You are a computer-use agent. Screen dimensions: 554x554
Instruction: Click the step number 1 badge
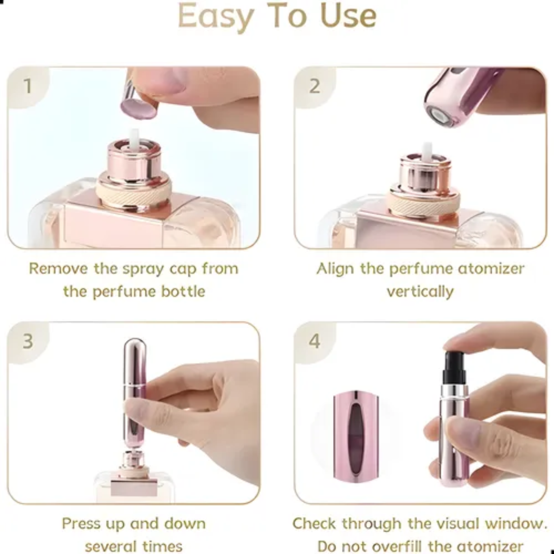[28, 86]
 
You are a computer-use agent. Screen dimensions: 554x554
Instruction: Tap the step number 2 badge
[314, 86]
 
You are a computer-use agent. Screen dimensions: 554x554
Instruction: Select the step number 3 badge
[28, 341]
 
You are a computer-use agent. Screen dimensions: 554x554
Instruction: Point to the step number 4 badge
[314, 341]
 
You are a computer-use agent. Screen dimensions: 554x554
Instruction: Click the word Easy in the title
[216, 17]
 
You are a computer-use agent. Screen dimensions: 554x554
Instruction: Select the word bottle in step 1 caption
[183, 291]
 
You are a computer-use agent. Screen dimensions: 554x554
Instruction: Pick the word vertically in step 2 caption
[420, 291]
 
